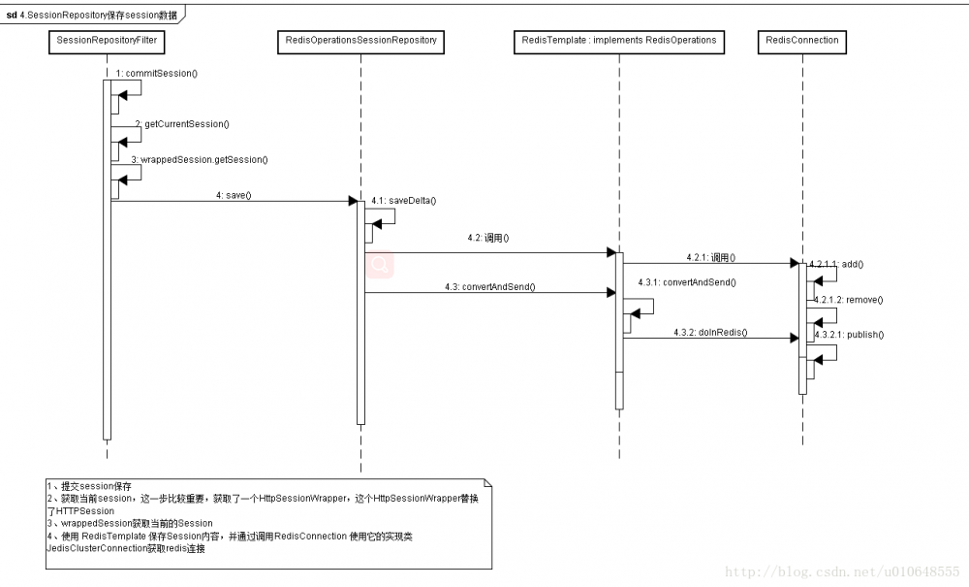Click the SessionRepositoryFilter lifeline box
point(107,41)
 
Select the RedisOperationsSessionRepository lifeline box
point(360,41)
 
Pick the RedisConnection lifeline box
point(801,41)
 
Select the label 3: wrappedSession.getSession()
point(199,159)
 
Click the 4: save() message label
point(234,195)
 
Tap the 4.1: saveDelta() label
point(403,200)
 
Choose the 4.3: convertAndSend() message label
point(489,286)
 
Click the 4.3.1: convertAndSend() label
point(687,281)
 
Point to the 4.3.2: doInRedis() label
point(709,332)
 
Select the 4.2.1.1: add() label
point(836,263)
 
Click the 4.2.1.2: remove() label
point(848,300)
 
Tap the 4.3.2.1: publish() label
point(849,334)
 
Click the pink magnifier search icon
point(379,263)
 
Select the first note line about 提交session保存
point(89,485)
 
